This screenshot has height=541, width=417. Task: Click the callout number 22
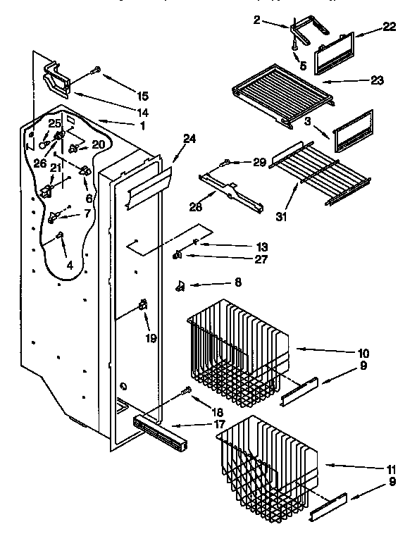(x=389, y=27)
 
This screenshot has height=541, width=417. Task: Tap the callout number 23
(x=377, y=80)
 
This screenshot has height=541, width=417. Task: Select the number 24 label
(x=188, y=139)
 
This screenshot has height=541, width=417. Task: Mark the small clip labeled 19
(x=143, y=305)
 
